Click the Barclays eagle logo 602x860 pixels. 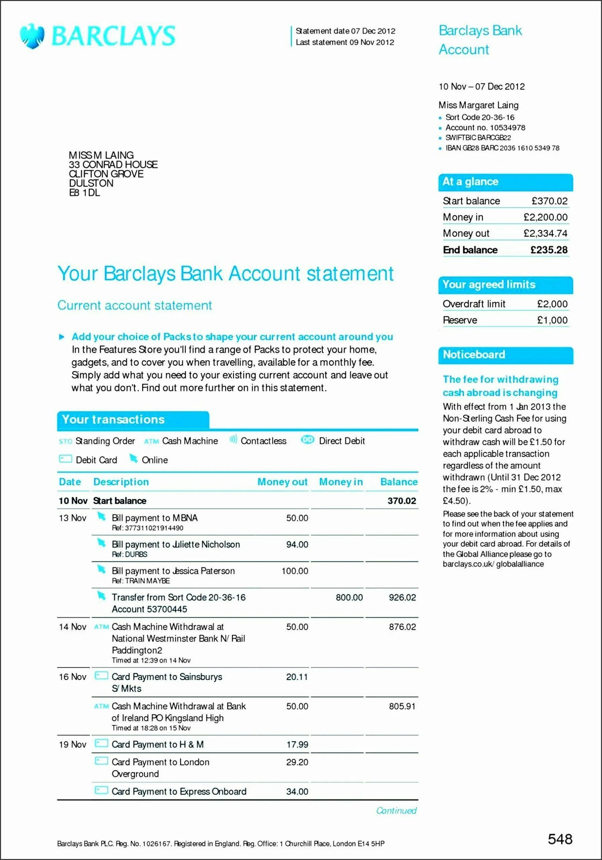coord(32,36)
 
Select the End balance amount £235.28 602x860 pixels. coord(549,250)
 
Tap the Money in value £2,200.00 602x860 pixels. coord(546,217)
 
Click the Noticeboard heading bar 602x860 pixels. coord(505,355)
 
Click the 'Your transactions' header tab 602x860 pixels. coord(133,420)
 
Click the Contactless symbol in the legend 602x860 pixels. coord(233,440)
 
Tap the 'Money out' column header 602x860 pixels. coord(282,482)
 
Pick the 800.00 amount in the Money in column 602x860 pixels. coord(349,597)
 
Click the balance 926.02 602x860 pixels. coord(402,597)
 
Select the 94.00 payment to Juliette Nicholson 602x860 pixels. coord(297,545)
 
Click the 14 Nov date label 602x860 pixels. coord(72,627)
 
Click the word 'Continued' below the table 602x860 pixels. coord(396,811)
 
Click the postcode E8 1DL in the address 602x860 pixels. coord(84,193)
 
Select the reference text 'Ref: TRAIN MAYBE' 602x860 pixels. coord(141,581)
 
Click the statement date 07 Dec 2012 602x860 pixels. coord(373,31)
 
